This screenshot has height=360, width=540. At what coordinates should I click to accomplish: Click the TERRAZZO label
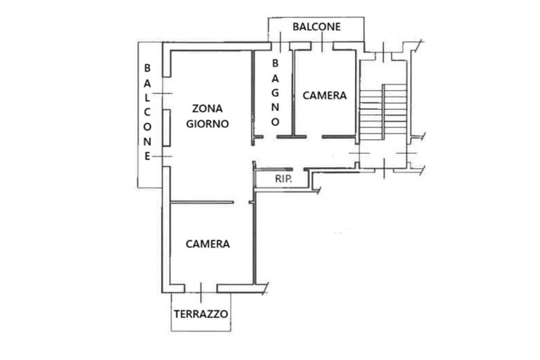click(201, 314)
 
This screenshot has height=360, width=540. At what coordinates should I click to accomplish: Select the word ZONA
click(207, 109)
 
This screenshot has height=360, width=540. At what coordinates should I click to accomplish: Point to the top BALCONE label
click(316, 26)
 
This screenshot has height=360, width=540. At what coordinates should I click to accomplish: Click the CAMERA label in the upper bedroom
click(325, 95)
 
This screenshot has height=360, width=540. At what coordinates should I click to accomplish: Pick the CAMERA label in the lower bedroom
click(208, 244)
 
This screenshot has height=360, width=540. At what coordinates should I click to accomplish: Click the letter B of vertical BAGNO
click(275, 63)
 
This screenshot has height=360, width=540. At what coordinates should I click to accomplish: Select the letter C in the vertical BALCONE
click(148, 112)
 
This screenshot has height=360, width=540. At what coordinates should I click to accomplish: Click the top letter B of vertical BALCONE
click(148, 68)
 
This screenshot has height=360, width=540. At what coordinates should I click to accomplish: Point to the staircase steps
click(383, 112)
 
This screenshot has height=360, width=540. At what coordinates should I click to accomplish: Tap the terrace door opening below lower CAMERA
click(201, 288)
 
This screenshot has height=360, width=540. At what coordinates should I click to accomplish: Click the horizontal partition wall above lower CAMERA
click(202, 202)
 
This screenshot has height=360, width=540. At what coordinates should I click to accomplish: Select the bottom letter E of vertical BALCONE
click(148, 156)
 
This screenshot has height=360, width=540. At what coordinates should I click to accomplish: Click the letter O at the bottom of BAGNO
click(275, 122)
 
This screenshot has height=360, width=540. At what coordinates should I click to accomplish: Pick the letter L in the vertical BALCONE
click(148, 98)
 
